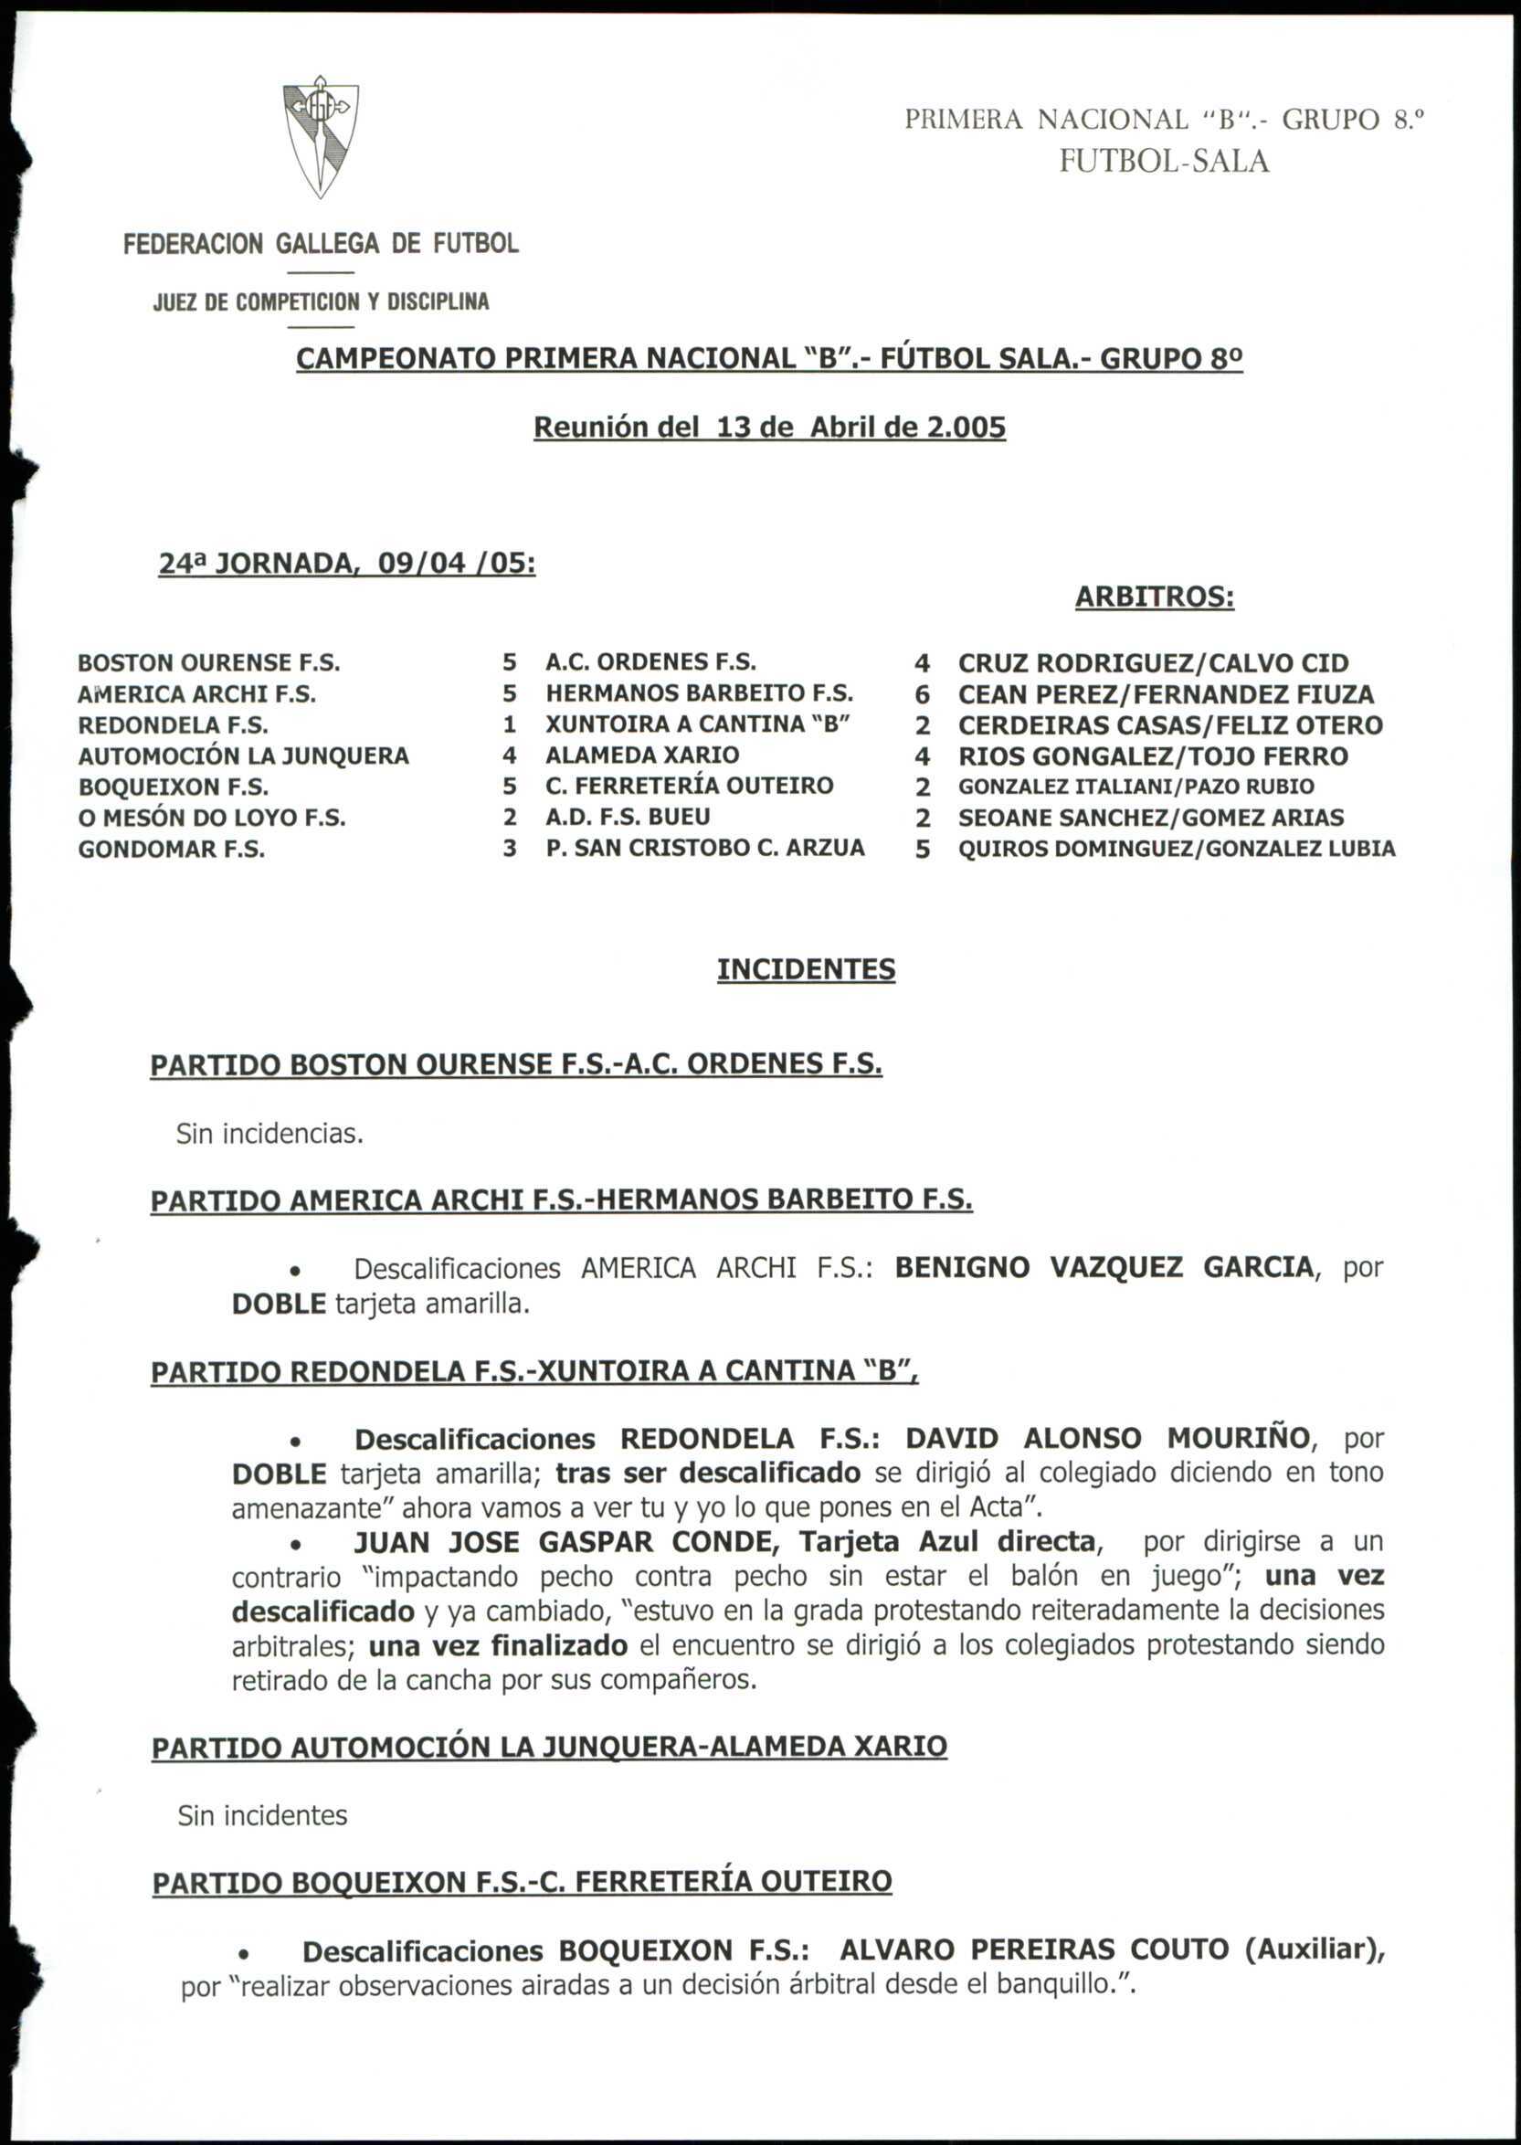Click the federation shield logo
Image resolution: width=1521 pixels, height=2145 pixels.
pyautogui.click(x=321, y=137)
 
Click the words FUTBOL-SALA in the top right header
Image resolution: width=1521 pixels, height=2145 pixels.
pyautogui.click(x=1164, y=162)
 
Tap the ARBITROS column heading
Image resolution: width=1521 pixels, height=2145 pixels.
pyautogui.click(x=1154, y=597)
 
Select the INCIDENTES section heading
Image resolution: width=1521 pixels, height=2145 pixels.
pyautogui.click(x=806, y=968)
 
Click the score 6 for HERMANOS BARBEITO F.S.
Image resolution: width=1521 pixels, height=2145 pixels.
pyautogui.click(x=922, y=694)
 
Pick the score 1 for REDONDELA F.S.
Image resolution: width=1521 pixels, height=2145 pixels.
pyautogui.click(x=510, y=724)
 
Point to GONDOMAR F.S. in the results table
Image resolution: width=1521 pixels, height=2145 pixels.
pyautogui.click(x=172, y=850)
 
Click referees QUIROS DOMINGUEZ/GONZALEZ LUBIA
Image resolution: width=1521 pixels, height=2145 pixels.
pyautogui.click(x=1177, y=849)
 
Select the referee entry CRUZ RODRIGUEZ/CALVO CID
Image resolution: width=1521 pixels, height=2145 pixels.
pyautogui.click(x=1153, y=663)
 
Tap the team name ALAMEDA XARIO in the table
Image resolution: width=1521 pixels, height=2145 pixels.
pyautogui.click(x=642, y=755)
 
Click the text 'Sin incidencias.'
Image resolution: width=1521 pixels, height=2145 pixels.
pyautogui.click(x=269, y=1135)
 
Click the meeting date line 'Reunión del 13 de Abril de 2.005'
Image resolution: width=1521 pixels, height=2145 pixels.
pyautogui.click(x=769, y=428)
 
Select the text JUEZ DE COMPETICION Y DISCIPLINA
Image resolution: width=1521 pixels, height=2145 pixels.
pyautogui.click(x=321, y=301)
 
